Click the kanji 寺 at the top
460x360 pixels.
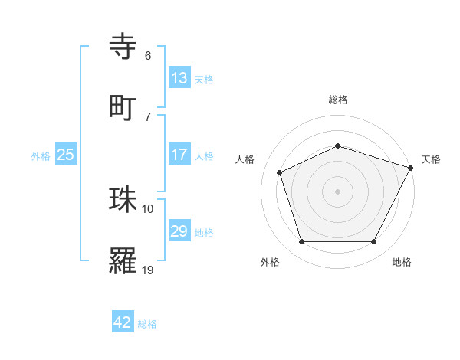(x=124, y=47)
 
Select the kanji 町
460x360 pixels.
(x=124, y=107)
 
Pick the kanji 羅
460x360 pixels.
(x=124, y=261)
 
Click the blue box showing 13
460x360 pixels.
(x=179, y=77)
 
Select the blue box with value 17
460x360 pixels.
(x=179, y=154)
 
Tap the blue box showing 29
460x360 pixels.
(x=179, y=231)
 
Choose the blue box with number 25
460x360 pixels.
(x=66, y=155)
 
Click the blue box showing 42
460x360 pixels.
(x=123, y=322)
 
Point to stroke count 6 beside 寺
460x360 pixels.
(x=148, y=56)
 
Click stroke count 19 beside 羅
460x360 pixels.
(x=148, y=270)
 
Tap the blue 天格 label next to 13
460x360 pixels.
(x=204, y=79)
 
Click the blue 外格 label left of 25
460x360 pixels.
(x=41, y=155)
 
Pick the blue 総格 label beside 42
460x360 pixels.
(x=147, y=324)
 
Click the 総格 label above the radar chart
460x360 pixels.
(x=337, y=100)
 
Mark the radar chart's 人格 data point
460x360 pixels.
(x=280, y=172)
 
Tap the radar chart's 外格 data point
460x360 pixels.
(x=301, y=242)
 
